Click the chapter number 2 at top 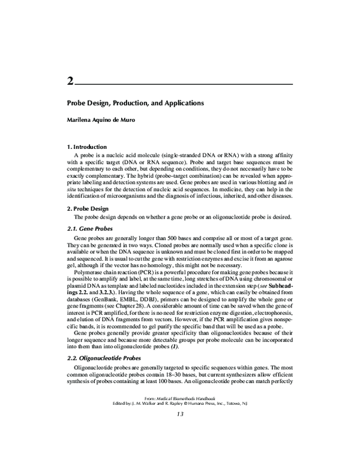pyautogui.click(x=70, y=80)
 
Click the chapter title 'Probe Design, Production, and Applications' pyautogui.click(x=135, y=103)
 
